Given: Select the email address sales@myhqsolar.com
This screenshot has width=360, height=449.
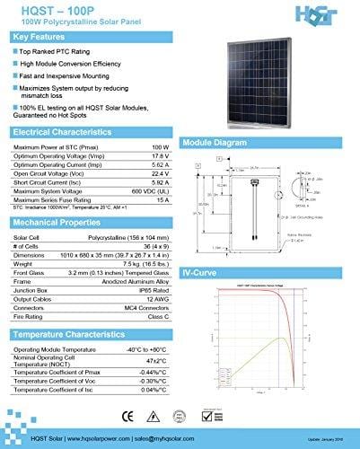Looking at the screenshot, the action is pyautogui.click(x=176, y=437).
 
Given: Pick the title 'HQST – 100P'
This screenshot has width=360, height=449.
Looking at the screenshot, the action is pyautogui.click(x=43, y=8).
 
